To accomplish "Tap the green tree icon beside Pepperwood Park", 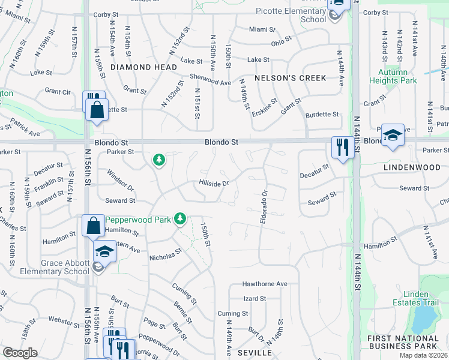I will [x=179, y=218].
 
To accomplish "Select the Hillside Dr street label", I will [x=214, y=183].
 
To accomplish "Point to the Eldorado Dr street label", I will [x=264, y=208].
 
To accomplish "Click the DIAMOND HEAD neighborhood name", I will [x=143, y=68].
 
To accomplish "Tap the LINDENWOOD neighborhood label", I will [x=412, y=168].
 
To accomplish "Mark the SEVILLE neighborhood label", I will [x=255, y=352].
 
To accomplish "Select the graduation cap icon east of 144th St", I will [x=393, y=134].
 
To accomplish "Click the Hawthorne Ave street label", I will [x=265, y=284].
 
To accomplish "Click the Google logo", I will [x=20, y=353].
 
